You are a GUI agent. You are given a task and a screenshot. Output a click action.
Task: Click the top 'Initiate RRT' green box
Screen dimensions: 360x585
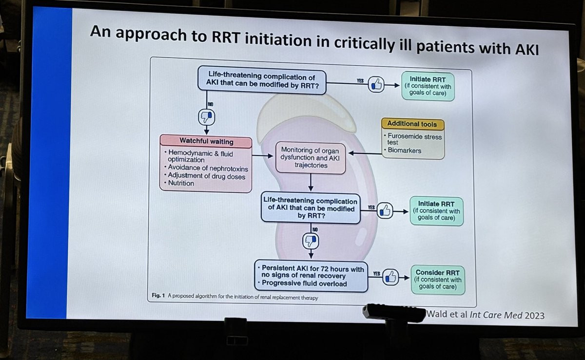pyautogui.click(x=428, y=86)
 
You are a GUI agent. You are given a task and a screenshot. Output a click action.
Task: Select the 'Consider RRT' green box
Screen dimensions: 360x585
pyautogui.click(x=437, y=280)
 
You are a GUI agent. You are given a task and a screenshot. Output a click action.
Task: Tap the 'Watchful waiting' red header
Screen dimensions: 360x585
pyautogui.click(x=206, y=141)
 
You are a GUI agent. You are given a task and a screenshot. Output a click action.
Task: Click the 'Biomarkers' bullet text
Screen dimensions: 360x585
pyautogui.click(x=405, y=151)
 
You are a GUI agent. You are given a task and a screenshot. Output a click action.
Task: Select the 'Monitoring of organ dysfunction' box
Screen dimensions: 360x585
pyautogui.click(x=311, y=158)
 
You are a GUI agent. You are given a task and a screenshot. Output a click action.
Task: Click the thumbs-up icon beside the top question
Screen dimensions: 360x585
pyautogui.click(x=376, y=84)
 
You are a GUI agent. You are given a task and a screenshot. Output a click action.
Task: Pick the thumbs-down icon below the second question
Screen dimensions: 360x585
pyautogui.click(x=311, y=239)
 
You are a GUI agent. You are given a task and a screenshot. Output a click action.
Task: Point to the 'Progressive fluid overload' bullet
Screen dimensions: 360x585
pyautogui.click(x=304, y=284)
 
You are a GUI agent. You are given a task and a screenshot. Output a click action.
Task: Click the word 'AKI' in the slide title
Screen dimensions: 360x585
pyautogui.click(x=524, y=49)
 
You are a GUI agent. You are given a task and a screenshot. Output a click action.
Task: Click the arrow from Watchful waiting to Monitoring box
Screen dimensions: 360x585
pyautogui.click(x=263, y=156)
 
